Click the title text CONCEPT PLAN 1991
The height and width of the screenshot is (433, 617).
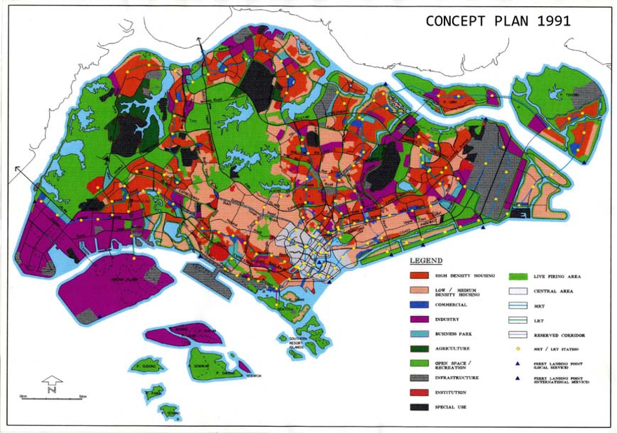tap(498, 20)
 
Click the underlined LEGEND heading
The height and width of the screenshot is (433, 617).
tap(426, 260)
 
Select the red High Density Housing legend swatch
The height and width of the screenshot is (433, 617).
tap(419, 275)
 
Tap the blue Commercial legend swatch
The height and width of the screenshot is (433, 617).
tap(419, 305)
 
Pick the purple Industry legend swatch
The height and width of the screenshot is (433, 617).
tap(419, 319)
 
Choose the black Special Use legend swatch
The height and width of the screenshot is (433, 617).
tap(419, 406)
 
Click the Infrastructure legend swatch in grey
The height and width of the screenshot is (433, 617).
tap(419, 378)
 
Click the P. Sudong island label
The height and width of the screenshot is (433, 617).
tap(146, 365)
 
